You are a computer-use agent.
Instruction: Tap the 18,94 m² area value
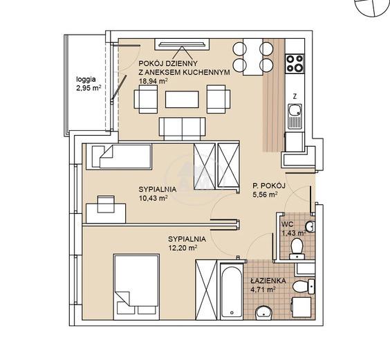[x=153, y=81]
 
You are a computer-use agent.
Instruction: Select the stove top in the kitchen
[x=295, y=64]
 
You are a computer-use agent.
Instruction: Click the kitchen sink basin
[x=295, y=110]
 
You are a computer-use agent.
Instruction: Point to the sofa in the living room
[x=183, y=129]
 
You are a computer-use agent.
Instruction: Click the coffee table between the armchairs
[x=182, y=99]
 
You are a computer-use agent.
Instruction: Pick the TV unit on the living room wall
[x=182, y=44]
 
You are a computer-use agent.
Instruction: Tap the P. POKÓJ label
[x=268, y=186]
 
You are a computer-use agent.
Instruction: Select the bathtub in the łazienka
[x=232, y=291]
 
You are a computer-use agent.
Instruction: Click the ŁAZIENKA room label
[x=268, y=281]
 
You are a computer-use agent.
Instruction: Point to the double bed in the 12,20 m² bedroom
[x=136, y=287]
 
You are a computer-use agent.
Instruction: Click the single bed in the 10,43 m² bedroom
[x=122, y=156]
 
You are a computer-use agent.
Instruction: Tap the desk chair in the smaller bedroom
[x=106, y=204]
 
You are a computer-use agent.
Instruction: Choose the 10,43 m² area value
[x=153, y=198]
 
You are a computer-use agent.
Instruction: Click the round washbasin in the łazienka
[x=264, y=312]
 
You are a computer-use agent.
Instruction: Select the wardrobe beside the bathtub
[x=206, y=289]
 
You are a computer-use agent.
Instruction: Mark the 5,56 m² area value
[x=265, y=195]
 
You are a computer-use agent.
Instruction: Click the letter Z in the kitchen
[x=295, y=96]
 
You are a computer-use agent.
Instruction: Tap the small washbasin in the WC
[x=310, y=226]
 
